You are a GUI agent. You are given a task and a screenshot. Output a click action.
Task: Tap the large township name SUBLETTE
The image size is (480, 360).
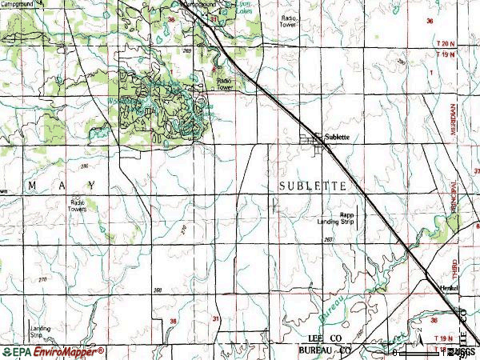[313, 186]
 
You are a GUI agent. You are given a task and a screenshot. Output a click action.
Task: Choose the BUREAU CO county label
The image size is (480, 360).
[325, 351]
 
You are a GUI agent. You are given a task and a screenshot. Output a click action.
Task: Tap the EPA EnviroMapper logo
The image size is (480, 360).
[53, 351]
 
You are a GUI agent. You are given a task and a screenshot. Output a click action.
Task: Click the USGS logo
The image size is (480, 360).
[462, 351]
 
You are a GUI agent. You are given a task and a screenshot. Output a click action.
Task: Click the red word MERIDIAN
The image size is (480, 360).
[453, 128]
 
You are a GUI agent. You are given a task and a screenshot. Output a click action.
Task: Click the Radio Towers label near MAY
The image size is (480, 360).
[78, 206]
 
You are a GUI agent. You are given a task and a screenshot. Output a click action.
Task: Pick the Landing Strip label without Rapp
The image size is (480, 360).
[40, 330]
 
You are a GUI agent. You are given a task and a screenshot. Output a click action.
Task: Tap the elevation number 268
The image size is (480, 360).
[158, 290]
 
